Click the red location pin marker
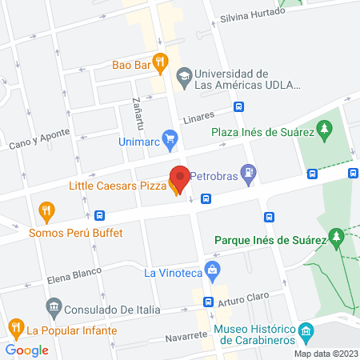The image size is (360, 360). pos(180,178)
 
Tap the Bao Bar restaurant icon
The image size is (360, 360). pos(161,62)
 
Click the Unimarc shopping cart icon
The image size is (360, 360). pos(169,139)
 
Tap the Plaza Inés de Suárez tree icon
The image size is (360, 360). pos(324,128)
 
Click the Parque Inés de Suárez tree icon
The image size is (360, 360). pos(338,236)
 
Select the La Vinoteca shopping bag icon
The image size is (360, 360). pos(212,270)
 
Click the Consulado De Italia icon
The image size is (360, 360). pos(54,306)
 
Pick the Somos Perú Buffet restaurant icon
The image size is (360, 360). pos(47,212)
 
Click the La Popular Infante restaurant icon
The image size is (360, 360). pos(15,327)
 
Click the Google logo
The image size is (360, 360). pos(27,350)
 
